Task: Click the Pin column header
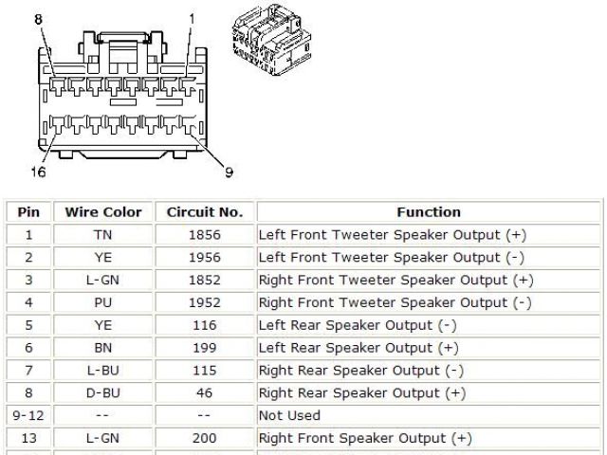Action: [x=28, y=212]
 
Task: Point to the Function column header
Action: [x=428, y=212]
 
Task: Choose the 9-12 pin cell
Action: [x=28, y=415]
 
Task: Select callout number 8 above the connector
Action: [x=38, y=19]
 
